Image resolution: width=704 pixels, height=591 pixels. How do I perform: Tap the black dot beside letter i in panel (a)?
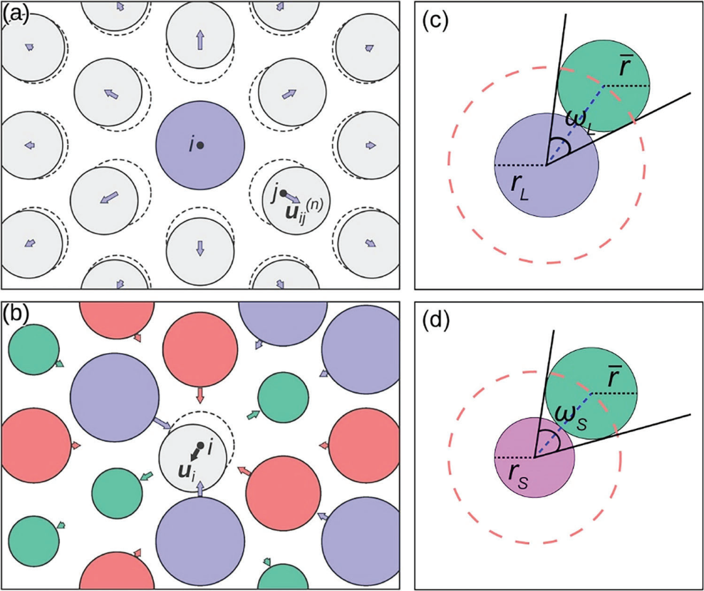pyautogui.click(x=201, y=145)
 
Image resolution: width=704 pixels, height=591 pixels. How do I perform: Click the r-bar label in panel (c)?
pyautogui.click(x=630, y=68)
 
